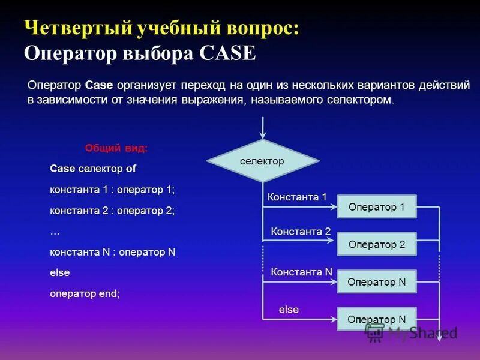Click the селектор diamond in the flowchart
click(x=262, y=161)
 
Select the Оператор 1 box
click(x=377, y=208)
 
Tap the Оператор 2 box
click(x=377, y=245)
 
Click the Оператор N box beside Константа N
click(x=377, y=282)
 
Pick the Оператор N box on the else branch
click(x=377, y=319)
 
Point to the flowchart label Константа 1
click(x=297, y=197)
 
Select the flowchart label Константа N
click(x=301, y=272)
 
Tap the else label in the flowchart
click(x=289, y=310)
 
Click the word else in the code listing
click(x=60, y=272)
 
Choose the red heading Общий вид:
click(x=116, y=148)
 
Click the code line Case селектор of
click(x=94, y=169)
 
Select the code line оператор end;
click(x=85, y=293)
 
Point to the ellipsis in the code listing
click(x=55, y=232)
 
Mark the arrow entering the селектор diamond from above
click(x=262, y=128)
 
